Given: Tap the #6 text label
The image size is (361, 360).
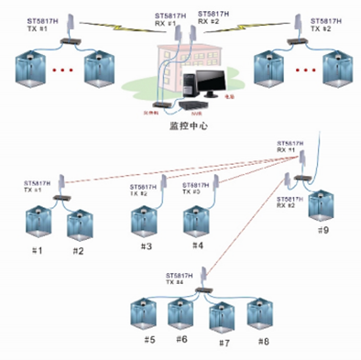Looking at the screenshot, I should tap(182, 339).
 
